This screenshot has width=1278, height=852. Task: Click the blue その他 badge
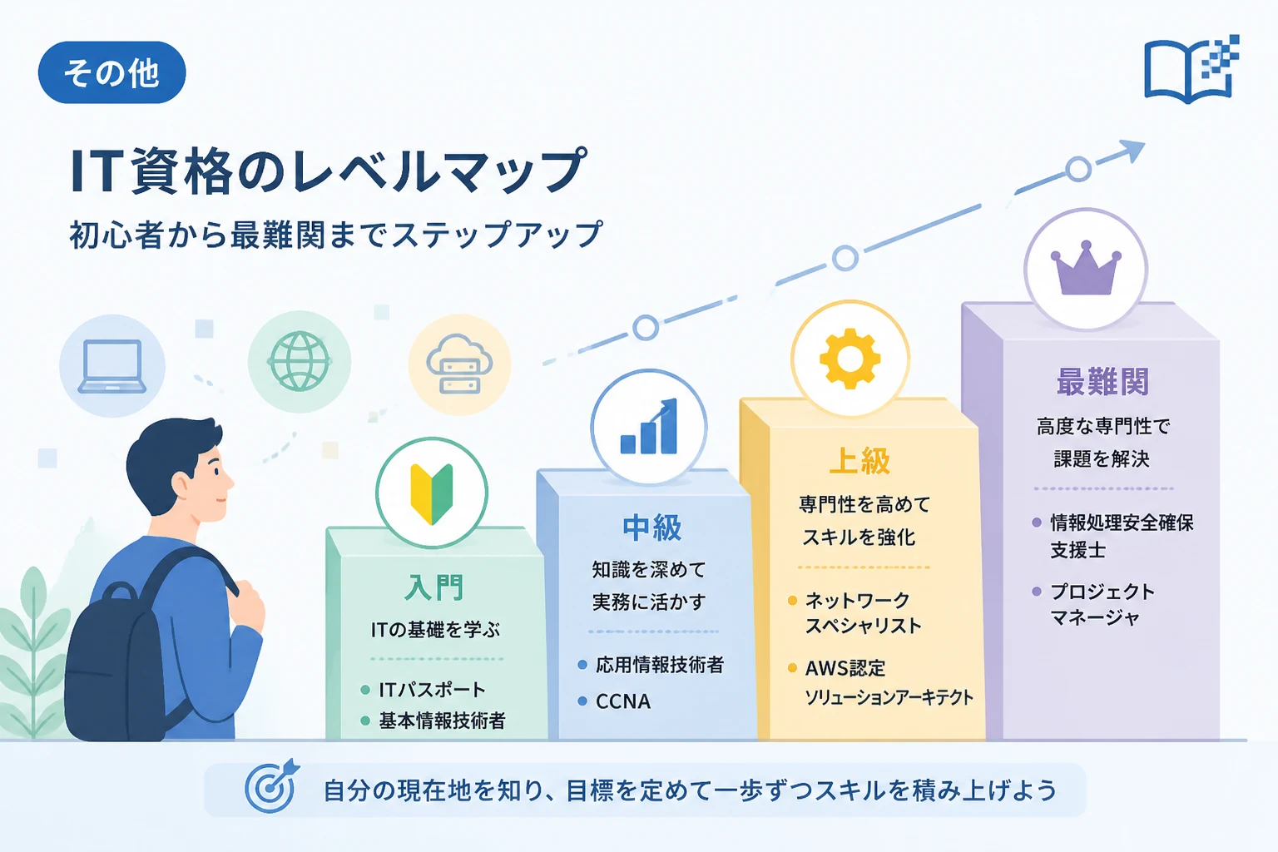[x=111, y=72]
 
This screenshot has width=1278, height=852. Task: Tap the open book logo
[x=1191, y=70]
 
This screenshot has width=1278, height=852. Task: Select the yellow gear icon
[x=850, y=359]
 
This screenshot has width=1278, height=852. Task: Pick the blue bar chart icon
[x=649, y=426]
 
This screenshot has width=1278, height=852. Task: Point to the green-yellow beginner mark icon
[x=432, y=493]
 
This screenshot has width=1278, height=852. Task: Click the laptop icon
[x=111, y=366]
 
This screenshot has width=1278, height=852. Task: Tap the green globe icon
[x=300, y=361]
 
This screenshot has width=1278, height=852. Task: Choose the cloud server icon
[x=459, y=364]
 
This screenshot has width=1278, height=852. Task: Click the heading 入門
[x=433, y=587]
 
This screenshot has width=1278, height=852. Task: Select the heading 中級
[x=651, y=528]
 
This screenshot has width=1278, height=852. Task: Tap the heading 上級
[x=859, y=461]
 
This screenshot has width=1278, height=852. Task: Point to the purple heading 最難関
[x=1102, y=381]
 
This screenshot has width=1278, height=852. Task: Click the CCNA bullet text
[x=623, y=701]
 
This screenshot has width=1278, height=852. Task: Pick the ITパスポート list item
[x=432, y=690]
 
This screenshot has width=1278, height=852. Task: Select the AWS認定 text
[x=845, y=668]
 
